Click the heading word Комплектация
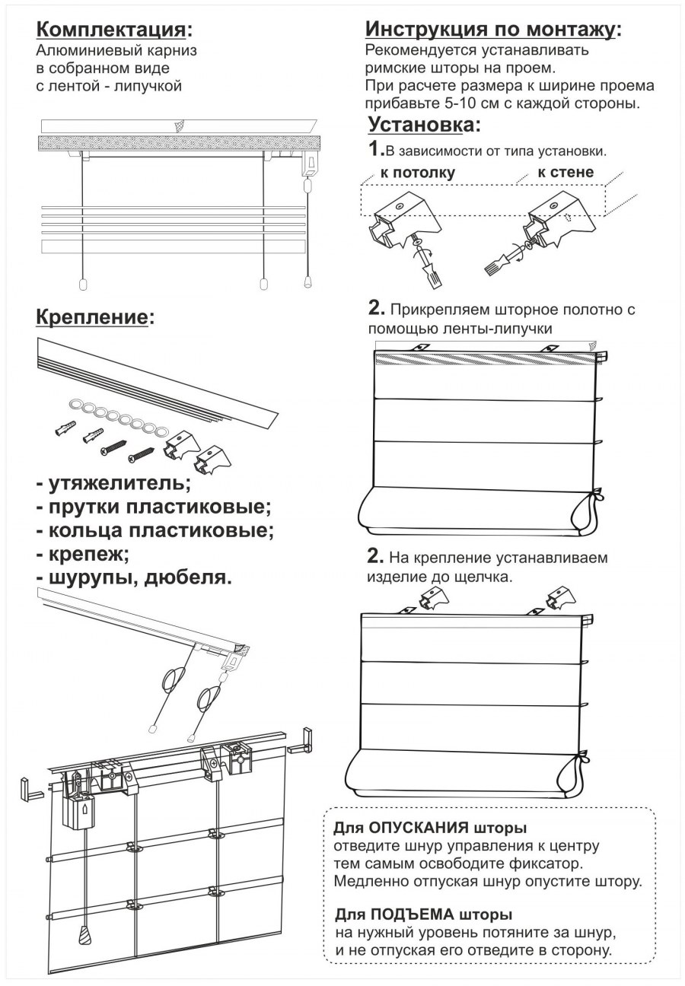click(x=110, y=30)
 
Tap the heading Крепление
click(x=91, y=316)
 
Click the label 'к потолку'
click(x=418, y=173)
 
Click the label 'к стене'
click(x=565, y=172)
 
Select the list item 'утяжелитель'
click(x=114, y=483)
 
